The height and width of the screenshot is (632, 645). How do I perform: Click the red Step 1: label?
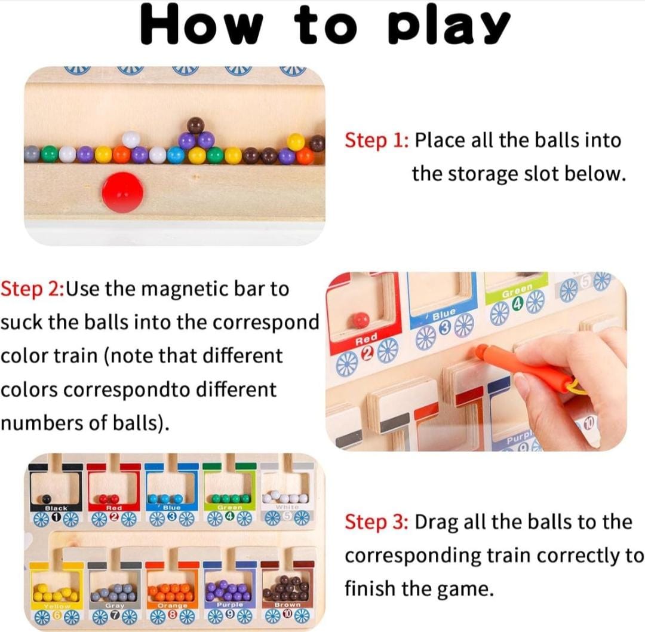point(377,140)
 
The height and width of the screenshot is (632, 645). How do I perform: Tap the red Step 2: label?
point(33,289)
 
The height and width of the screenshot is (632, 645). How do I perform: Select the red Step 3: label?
point(377,522)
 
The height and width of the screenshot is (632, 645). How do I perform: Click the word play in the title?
point(449,26)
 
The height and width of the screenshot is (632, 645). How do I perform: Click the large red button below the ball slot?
point(123,192)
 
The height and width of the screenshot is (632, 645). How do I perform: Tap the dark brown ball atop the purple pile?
point(195,125)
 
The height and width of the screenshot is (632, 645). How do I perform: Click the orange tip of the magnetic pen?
point(480,352)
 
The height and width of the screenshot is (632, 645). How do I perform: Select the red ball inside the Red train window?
point(361,320)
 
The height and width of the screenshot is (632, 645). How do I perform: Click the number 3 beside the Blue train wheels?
point(444,326)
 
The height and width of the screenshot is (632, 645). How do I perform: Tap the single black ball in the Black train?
point(47,499)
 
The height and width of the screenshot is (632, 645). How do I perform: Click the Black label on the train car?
point(56,508)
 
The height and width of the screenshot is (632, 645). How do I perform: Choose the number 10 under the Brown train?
point(287,614)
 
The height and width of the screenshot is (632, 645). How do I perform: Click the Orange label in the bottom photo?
point(173,605)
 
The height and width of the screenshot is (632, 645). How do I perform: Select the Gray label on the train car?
point(114,606)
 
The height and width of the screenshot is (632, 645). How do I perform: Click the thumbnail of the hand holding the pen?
point(477,361)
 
